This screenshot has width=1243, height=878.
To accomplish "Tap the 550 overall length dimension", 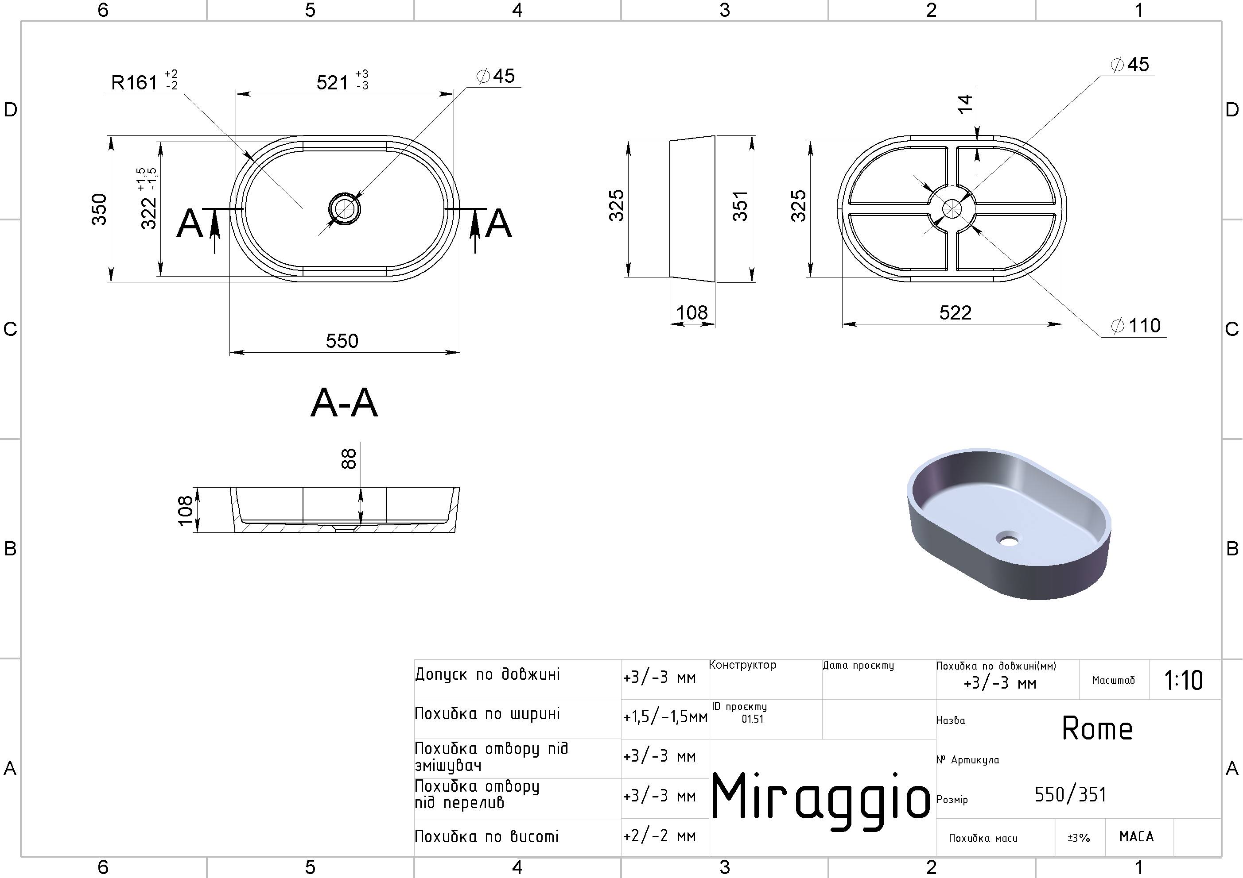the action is coord(342,341).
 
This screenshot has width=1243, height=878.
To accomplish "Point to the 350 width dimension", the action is coord(99,209).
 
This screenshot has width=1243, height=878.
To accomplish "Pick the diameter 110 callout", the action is coord(1135,326).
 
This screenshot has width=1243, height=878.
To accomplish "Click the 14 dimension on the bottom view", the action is coord(965,104).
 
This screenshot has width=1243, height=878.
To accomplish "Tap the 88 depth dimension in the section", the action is coord(349,459).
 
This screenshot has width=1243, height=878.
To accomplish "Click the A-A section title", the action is coord(344,403).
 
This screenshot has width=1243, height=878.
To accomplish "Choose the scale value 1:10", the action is coord(1184,680).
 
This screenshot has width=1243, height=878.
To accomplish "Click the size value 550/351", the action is coord(1070,794).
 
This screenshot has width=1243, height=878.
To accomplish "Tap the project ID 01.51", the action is coord(753,719).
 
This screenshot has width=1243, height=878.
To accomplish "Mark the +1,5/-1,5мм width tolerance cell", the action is coord(665,717).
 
